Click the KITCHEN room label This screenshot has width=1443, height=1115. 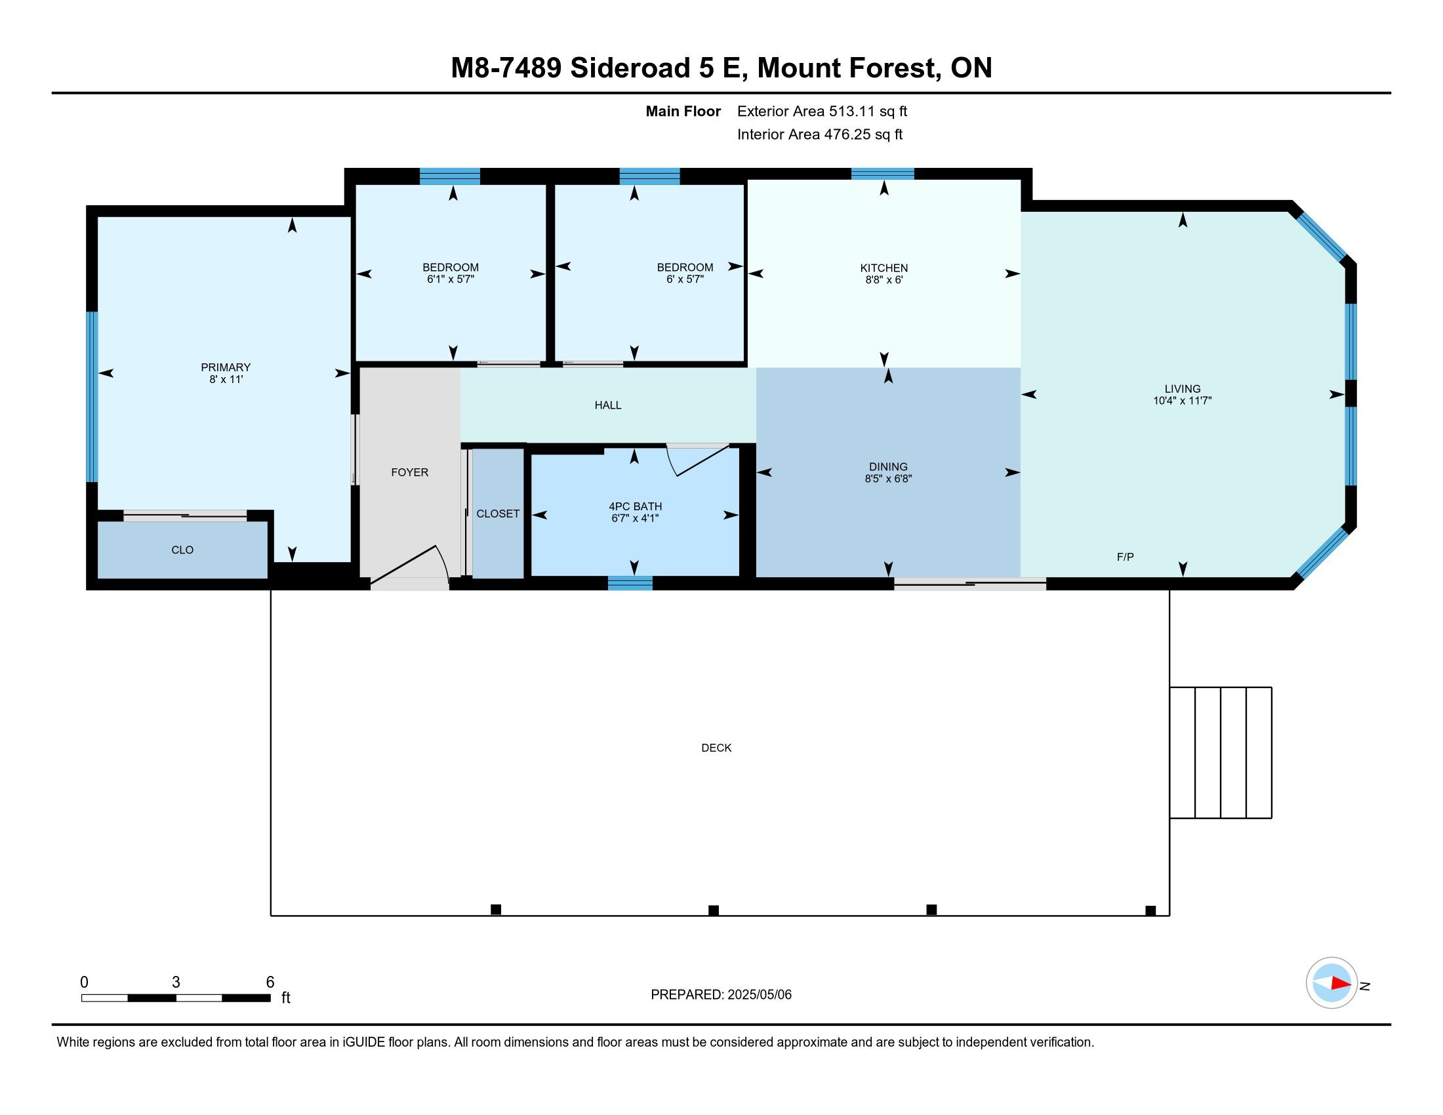(884, 268)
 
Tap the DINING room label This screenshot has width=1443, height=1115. (888, 466)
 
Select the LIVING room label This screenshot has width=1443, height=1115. (1182, 388)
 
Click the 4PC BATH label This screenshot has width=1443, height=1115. (635, 506)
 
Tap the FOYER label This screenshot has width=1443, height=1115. (410, 472)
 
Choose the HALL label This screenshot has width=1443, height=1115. (608, 405)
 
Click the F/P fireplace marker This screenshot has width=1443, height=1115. (1125, 557)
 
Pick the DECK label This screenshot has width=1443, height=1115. (716, 748)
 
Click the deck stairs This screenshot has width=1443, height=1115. (1221, 752)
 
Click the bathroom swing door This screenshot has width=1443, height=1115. (698, 460)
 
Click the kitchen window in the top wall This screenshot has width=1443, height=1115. (883, 174)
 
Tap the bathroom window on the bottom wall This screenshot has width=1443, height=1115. (630, 582)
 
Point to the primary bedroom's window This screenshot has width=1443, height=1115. (92, 396)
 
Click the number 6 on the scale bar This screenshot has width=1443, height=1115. (270, 983)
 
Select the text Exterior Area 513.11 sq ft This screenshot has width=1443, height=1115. (822, 111)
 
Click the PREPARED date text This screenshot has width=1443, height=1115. (721, 995)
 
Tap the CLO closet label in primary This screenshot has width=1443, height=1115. (182, 550)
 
